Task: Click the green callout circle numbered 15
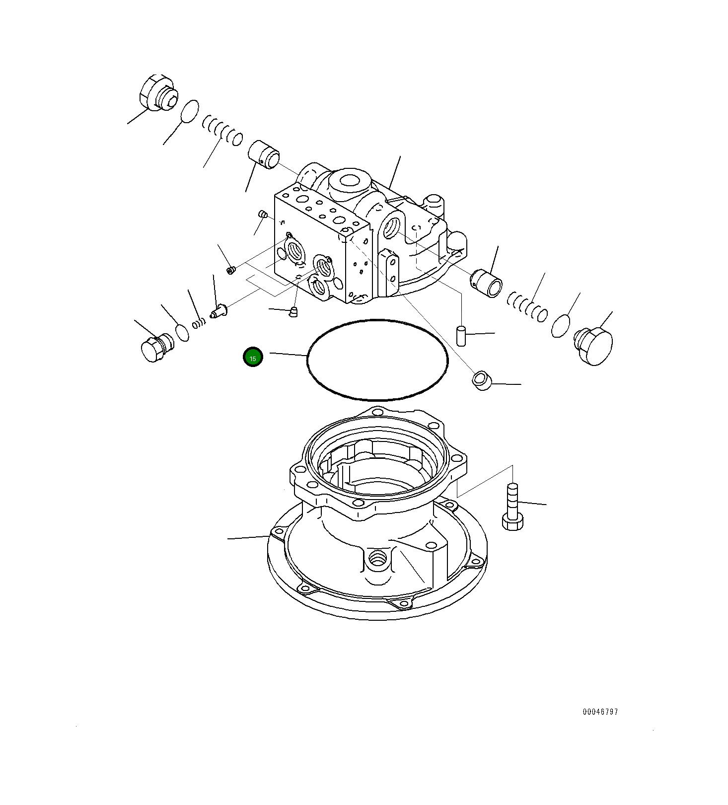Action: click(x=253, y=357)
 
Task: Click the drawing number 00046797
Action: click(x=600, y=712)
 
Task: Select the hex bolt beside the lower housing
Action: click(x=512, y=508)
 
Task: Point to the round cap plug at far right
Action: click(x=594, y=346)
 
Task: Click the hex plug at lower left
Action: click(x=155, y=346)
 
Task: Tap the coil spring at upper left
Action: click(x=223, y=130)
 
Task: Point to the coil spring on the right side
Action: click(x=527, y=306)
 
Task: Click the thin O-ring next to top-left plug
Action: click(x=189, y=112)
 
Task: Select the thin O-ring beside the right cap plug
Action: click(x=561, y=326)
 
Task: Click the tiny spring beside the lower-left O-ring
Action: click(x=198, y=323)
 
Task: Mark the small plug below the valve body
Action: click(x=293, y=311)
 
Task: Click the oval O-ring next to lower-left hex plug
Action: click(x=182, y=332)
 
